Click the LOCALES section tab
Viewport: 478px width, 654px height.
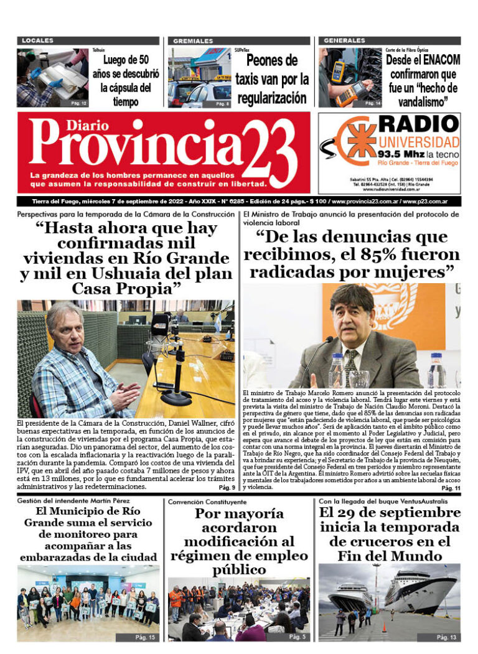(37, 40)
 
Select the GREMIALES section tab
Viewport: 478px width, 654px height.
(193, 40)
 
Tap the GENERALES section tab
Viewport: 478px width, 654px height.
(344, 40)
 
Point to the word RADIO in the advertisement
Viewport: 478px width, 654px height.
(418, 124)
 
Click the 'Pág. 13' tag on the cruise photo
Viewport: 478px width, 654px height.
(446, 637)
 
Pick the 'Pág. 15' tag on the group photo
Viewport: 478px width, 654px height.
(144, 637)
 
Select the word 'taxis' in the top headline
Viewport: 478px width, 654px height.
(253, 80)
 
